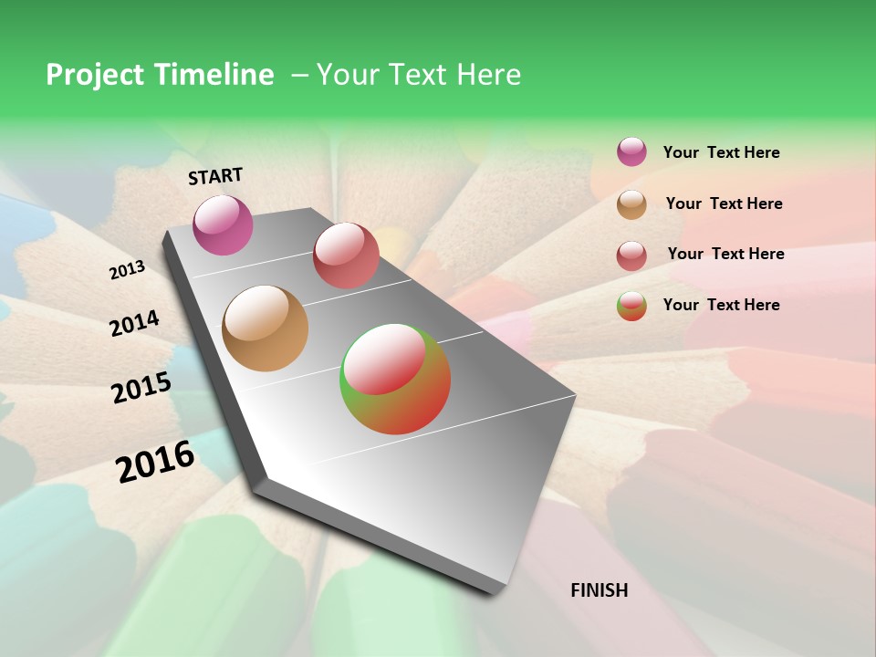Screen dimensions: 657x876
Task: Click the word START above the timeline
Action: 215,176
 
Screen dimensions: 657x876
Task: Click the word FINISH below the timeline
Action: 599,590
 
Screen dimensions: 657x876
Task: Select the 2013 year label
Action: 128,270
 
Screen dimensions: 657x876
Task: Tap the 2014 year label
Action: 135,323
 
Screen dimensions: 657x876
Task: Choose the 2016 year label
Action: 155,462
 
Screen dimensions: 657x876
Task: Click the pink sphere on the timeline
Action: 223,224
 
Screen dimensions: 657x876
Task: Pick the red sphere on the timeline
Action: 346,255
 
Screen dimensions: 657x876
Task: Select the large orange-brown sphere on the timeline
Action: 265,328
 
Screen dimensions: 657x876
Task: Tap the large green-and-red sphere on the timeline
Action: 395,379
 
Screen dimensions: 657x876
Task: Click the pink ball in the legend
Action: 631,151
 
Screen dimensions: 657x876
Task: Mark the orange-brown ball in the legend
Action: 631,203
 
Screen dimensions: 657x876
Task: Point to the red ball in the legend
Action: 631,255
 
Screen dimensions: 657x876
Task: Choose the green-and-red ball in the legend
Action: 631,305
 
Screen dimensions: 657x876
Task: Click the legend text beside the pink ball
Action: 721,152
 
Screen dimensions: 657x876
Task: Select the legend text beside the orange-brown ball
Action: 724,203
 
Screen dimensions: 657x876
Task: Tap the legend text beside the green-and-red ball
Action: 721,305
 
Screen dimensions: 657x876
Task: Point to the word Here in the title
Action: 487,75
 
